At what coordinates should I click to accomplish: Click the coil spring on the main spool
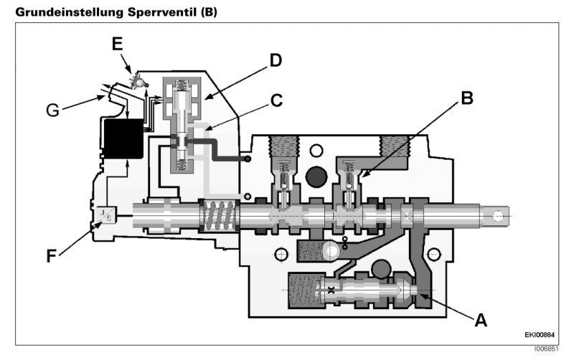coord(217,214)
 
